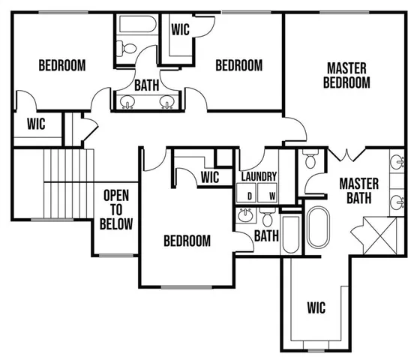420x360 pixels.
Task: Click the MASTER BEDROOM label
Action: [x=346, y=75]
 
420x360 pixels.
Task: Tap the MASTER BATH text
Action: [x=358, y=190]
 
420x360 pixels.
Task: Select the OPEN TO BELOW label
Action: [x=116, y=209]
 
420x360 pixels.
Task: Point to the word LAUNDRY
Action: [x=259, y=177]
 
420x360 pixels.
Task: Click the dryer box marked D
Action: [x=248, y=193]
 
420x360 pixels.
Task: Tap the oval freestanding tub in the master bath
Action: [x=318, y=228]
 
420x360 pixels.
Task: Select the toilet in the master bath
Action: [x=310, y=160]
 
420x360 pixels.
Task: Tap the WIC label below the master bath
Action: [x=316, y=307]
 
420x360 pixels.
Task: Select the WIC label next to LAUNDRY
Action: [x=210, y=178]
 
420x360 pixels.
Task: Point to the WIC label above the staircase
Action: [x=36, y=124]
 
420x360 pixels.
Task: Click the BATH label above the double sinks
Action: [x=146, y=85]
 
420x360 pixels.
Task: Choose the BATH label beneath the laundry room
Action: [x=266, y=236]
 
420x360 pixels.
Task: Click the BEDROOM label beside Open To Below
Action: [x=187, y=241]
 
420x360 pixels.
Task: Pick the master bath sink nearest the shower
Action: [x=394, y=201]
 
